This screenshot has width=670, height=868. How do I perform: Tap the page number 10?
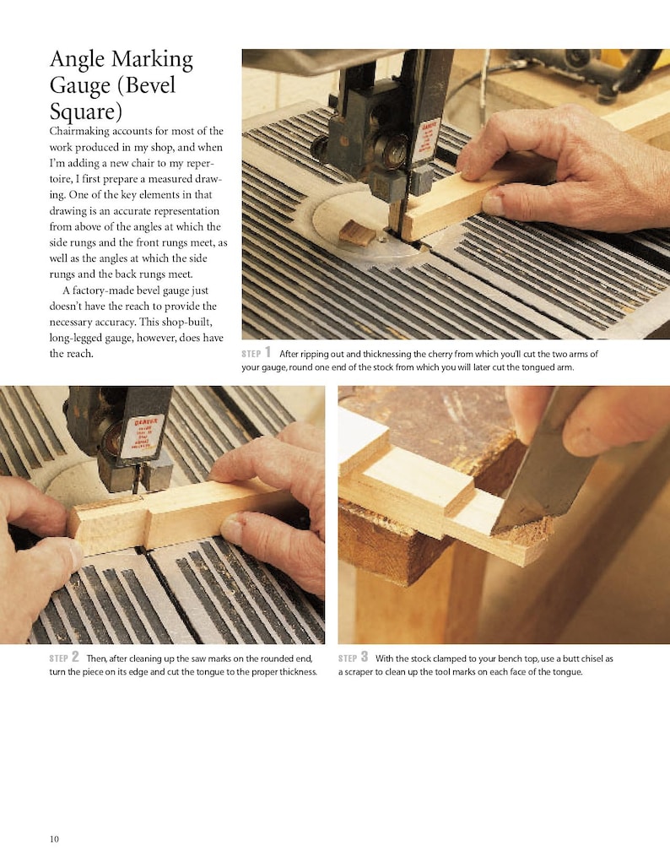54,838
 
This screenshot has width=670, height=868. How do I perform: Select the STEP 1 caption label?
257,353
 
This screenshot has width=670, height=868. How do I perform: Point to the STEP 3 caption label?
354,658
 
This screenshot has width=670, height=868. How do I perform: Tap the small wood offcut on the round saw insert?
357,233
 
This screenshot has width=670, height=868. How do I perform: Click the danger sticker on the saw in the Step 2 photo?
142,436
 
